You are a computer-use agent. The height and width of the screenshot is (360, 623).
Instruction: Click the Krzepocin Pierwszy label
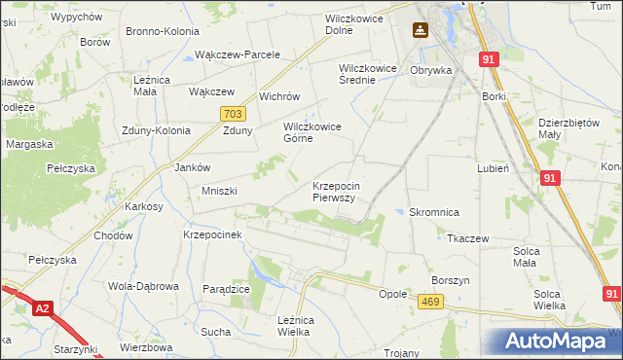tap(337, 191)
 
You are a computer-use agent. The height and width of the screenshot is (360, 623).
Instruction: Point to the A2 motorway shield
tap(42, 308)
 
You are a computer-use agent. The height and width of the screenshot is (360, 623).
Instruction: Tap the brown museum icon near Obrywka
tap(420, 30)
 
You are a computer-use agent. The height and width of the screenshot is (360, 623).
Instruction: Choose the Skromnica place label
tap(434, 212)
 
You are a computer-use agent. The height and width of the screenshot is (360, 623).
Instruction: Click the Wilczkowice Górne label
tap(311, 132)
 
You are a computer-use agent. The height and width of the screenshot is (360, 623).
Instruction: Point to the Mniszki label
tap(219, 191)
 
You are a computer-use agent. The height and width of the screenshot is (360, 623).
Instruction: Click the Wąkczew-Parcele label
tap(238, 54)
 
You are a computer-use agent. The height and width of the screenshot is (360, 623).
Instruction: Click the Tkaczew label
tap(467, 237)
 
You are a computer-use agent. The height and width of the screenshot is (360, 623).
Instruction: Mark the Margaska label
tap(29, 144)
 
